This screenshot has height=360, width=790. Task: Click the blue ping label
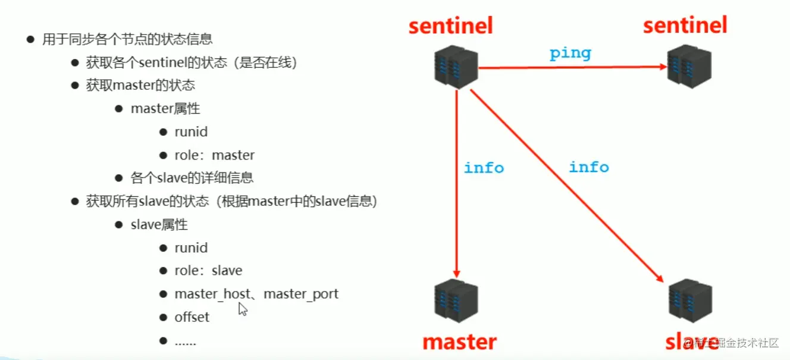pyautogui.click(x=570, y=54)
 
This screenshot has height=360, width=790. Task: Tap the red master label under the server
pyautogui.click(x=459, y=342)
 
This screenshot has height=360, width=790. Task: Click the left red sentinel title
pyautogui.click(x=451, y=26)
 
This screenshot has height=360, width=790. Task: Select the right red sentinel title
pyautogui.click(x=685, y=25)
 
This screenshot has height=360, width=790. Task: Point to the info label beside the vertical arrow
pyautogui.click(x=484, y=168)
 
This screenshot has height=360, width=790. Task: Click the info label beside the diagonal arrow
pyautogui.click(x=589, y=167)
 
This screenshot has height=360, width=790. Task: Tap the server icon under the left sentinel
pyautogui.click(x=456, y=67)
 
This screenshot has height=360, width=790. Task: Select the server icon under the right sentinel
pyautogui.click(x=689, y=67)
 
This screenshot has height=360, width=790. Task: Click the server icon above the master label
pyautogui.click(x=456, y=300)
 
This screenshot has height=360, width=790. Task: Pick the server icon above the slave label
pyautogui.click(x=690, y=300)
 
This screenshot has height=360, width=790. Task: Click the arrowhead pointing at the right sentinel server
pyautogui.click(x=663, y=67)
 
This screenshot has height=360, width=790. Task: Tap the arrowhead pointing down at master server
pyautogui.click(x=456, y=274)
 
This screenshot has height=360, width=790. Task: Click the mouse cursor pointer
pyautogui.click(x=243, y=309)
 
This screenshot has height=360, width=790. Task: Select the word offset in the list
pyautogui.click(x=192, y=317)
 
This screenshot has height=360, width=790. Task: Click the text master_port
pyautogui.click(x=301, y=294)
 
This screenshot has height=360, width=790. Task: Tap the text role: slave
pyautogui.click(x=208, y=271)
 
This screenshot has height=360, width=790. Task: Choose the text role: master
pyautogui.click(x=214, y=155)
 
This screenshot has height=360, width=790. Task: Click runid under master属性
pyautogui.click(x=191, y=132)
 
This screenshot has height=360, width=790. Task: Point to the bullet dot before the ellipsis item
pyautogui.click(x=163, y=340)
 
